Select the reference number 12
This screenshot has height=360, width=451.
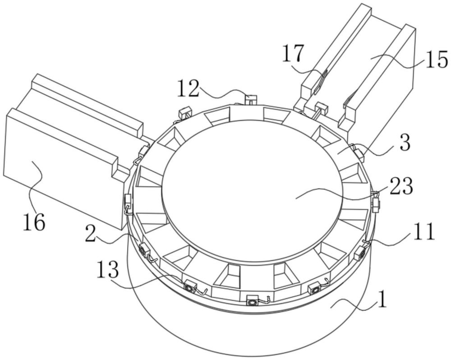point(189,88)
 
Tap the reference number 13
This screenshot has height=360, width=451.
point(108,270)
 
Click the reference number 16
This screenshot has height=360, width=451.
point(34,222)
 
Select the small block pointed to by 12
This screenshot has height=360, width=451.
point(250,100)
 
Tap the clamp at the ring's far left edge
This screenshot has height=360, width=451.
point(128,202)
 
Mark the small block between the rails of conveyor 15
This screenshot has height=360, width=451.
point(321,109)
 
